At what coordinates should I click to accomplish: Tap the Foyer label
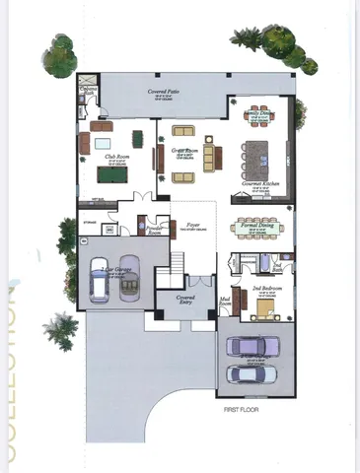click(x=193, y=226)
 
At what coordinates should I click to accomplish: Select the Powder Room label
click(x=154, y=229)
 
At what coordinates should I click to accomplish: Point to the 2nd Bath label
click(x=277, y=267)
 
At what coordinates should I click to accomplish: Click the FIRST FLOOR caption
click(x=243, y=407)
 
